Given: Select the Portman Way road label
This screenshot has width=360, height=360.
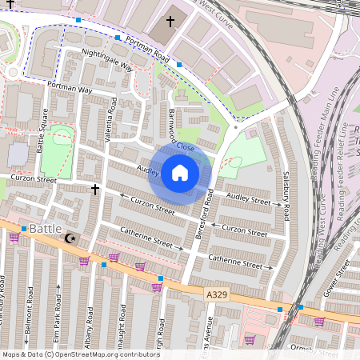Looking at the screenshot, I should click(x=70, y=88).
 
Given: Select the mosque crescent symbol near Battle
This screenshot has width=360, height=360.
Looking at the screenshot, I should click(x=70, y=238).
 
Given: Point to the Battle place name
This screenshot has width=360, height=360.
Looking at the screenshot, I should click(x=46, y=229).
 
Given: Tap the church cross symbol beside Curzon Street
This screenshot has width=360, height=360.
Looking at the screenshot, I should click(x=96, y=190).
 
